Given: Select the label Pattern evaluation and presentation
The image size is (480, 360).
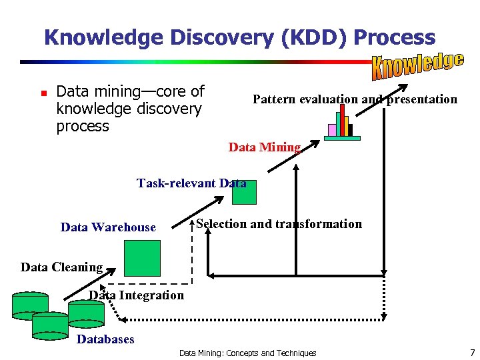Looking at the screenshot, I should pos(355,99).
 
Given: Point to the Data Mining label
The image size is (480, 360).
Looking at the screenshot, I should pos(265,147).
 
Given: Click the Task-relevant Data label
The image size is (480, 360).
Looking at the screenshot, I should pos(191,183).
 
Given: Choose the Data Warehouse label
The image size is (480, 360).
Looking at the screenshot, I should pos(108,227).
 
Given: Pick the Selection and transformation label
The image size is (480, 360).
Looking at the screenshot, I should pos(279,224).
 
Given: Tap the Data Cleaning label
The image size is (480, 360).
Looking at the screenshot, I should pos(61,267).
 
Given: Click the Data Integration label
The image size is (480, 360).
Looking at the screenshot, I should pos(137,295).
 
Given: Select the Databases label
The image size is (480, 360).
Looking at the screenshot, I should pos(105,339).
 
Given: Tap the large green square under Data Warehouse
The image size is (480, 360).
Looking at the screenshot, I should pos(143,257).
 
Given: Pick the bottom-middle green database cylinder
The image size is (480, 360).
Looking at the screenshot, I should pos(51,325).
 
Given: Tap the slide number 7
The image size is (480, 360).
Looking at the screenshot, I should pos(472,352).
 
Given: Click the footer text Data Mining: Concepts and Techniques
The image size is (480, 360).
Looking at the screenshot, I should pos(247,353).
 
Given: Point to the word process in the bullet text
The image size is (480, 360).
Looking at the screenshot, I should pos(83,126).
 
